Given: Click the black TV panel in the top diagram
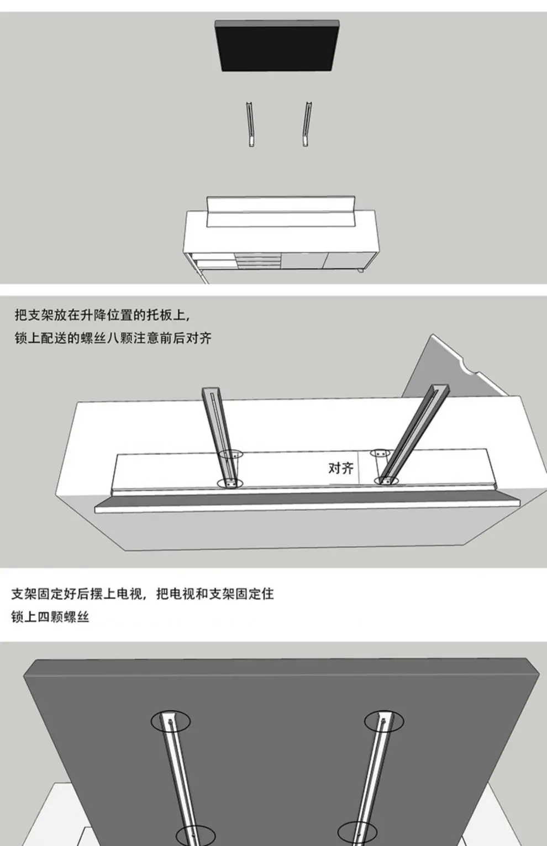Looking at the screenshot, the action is [277, 47].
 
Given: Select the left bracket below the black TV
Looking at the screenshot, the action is [251, 125].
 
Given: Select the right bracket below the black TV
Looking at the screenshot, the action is [307, 125].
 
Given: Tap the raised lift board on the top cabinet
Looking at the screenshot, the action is [281, 211].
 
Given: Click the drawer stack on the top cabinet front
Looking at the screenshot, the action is [258, 260].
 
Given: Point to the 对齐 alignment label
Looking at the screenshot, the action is [340, 469].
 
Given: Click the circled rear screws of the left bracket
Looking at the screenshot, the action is [232, 455].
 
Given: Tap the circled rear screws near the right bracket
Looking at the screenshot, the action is [379, 453].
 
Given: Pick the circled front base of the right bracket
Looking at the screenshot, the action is [386, 481].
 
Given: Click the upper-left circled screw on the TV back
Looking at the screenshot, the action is [171, 721].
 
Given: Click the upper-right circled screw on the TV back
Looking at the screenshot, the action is [383, 721].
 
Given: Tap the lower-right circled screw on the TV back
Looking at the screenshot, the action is [357, 834].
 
